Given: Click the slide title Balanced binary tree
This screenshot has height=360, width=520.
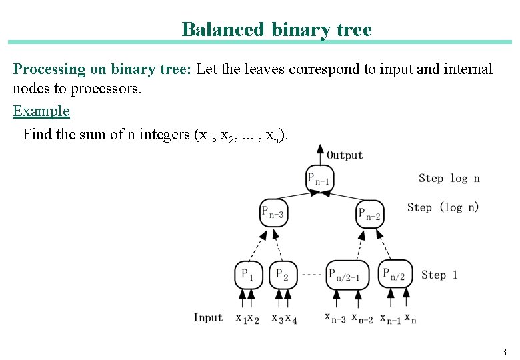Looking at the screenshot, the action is pos(276,29).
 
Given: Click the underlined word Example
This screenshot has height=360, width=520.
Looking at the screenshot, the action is pos(41,111).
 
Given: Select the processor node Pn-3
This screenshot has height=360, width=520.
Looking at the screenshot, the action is pos(273,213).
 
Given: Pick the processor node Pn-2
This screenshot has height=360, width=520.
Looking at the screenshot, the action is pos(370,214).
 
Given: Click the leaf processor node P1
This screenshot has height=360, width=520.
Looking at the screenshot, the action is pos(249,274).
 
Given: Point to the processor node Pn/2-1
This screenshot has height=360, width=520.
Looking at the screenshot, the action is pos(347,274).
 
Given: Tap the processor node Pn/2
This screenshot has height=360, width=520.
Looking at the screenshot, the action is pos(395,273).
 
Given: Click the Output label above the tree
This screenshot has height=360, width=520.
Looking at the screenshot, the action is pos(345,155).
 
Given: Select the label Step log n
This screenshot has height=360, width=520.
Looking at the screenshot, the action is pos(449,178).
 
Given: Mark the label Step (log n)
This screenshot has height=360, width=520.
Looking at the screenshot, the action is pos(443,207).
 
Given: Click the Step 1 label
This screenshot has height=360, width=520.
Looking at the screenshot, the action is pos(439,275).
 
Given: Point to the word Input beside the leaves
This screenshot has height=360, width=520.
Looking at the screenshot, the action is pos(208,317).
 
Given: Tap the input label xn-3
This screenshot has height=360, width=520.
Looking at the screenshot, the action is pos(335,318).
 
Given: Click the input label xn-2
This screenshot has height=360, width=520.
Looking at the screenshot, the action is pos(363,318).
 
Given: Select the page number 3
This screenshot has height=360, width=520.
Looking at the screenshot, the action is pos(504,352).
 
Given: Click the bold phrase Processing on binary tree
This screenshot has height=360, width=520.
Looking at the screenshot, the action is pos(102,69).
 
